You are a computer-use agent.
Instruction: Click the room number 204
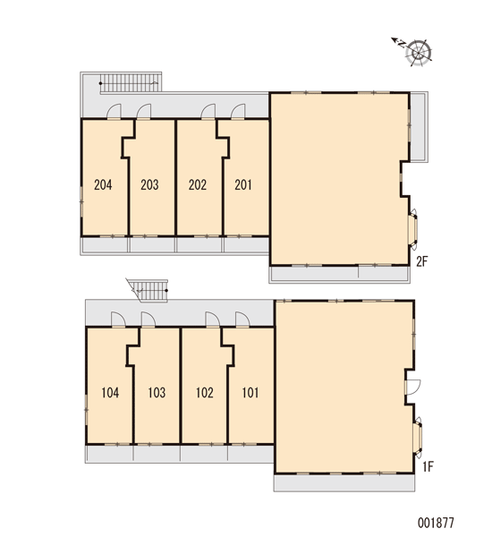103,185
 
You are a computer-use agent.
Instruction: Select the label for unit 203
149,185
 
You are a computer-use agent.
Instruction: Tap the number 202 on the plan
198,185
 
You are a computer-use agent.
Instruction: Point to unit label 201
243,185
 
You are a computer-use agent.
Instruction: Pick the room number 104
110,393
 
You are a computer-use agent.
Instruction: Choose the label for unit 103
157,393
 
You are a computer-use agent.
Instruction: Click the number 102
205,393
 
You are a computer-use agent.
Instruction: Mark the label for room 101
250,393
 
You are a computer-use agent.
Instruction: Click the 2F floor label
422,261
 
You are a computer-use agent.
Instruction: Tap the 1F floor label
428,466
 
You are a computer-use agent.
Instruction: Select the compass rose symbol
413,51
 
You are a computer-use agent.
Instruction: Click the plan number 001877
436,523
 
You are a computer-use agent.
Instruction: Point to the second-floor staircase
131,83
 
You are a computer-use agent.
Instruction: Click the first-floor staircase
148,290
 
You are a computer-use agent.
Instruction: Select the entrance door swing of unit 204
114,111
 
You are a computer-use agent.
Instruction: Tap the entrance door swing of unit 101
242,320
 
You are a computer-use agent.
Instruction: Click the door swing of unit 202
208,111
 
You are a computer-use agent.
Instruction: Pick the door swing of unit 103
148,320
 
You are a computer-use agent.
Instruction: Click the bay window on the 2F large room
413,228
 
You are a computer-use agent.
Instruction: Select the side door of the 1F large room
412,387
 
